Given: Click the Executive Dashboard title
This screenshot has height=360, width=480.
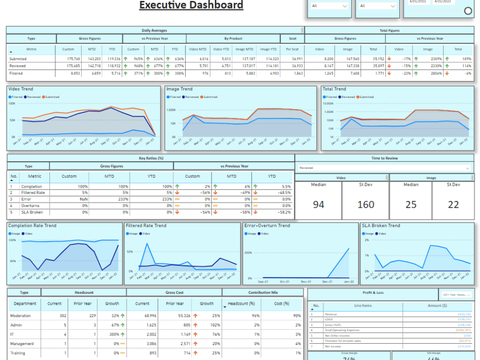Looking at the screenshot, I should click(x=191, y=6).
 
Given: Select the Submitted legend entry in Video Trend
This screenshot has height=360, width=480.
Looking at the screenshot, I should click(x=51, y=97).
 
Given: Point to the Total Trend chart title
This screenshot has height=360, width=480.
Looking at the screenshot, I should click(x=334, y=89).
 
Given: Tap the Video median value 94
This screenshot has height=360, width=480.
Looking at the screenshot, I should click(x=318, y=204).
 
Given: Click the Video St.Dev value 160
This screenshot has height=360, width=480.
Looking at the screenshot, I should click(x=366, y=204).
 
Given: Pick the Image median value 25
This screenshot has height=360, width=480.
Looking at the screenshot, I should click(x=411, y=204).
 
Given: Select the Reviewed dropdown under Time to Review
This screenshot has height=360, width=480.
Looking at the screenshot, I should click(x=384, y=168).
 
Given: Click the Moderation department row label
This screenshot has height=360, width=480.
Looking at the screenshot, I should click(x=21, y=316).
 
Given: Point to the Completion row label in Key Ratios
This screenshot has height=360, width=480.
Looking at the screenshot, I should click(x=32, y=186).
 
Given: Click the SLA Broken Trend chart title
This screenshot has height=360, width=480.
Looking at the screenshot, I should click(x=380, y=226).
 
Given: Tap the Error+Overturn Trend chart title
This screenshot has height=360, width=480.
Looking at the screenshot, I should click(x=267, y=226).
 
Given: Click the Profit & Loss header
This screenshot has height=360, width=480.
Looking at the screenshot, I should click(x=373, y=293).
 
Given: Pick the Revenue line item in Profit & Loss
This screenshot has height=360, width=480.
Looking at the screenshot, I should click(x=331, y=314).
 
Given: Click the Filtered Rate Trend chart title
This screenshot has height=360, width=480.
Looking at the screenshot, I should click(x=146, y=226).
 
